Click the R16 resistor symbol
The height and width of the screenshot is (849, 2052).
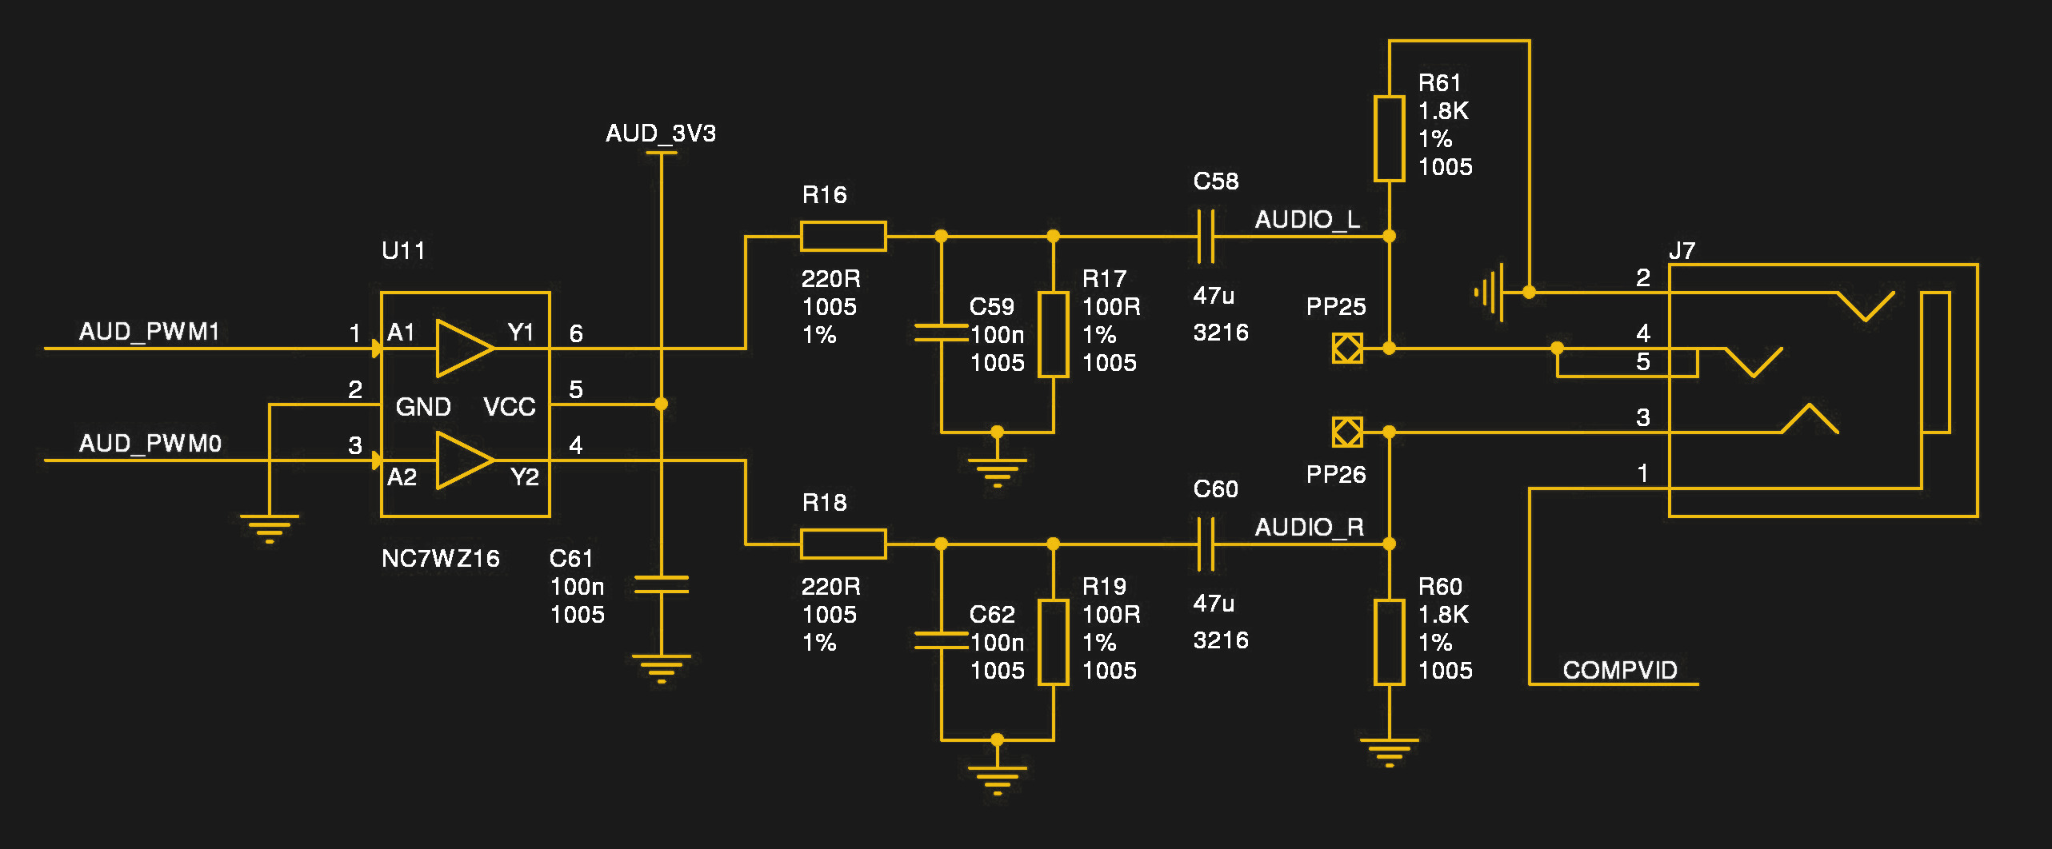(843, 236)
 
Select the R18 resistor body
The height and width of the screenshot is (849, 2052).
(843, 544)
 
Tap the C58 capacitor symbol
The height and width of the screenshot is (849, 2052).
(1206, 236)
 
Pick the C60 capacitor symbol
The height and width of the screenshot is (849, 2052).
(1206, 544)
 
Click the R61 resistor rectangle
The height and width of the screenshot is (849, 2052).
(1389, 138)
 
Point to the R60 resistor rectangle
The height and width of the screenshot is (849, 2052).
(1389, 642)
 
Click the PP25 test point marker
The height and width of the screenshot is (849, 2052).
(1347, 348)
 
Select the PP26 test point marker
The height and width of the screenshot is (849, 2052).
(1347, 432)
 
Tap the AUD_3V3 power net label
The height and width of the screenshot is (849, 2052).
(660, 133)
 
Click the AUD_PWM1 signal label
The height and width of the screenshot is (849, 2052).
(149, 331)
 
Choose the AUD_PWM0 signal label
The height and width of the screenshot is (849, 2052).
(150, 443)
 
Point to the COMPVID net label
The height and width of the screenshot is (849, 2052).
(1619, 670)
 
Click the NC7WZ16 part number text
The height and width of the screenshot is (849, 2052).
(440, 558)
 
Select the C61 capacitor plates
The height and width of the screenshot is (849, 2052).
(661, 584)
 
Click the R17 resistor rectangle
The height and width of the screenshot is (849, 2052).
(1053, 334)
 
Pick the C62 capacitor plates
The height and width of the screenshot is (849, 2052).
(941, 640)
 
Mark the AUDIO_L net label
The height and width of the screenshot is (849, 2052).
(1306, 219)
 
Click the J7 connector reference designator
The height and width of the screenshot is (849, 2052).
(1682, 251)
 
